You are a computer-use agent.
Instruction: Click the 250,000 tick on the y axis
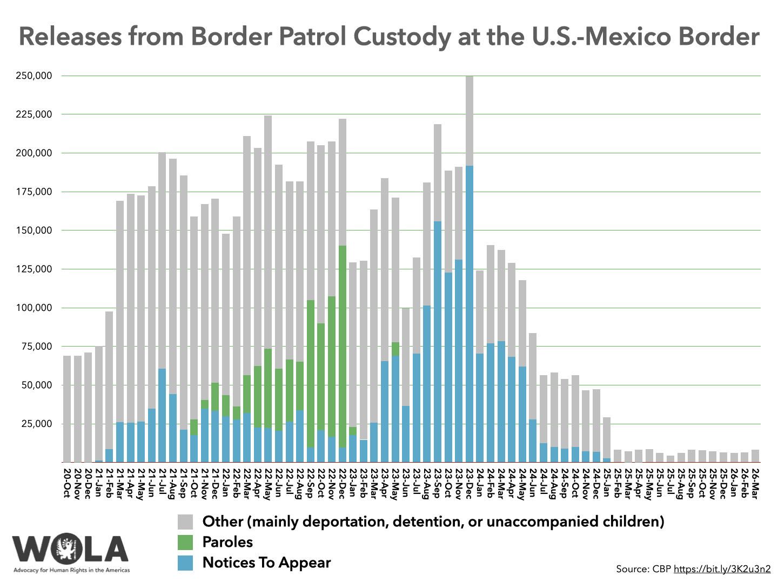tap(34, 76)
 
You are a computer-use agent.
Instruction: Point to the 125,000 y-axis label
tap(34, 269)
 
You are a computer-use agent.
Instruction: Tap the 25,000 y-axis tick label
tap(36, 424)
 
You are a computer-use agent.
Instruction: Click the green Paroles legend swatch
tap(185, 543)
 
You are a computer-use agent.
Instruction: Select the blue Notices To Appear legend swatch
tap(185, 563)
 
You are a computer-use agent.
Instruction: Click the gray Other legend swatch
tap(185, 522)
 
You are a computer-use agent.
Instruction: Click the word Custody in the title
tap(397, 37)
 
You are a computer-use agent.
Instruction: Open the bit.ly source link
tap(722, 569)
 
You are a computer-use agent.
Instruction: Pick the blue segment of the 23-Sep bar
tap(438, 340)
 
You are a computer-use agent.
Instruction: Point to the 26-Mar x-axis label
tap(755, 483)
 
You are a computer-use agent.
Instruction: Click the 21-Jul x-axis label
tap(162, 483)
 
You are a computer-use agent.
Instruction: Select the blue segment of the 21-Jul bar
tap(162, 416)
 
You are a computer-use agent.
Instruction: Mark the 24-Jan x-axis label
tap(480, 483)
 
